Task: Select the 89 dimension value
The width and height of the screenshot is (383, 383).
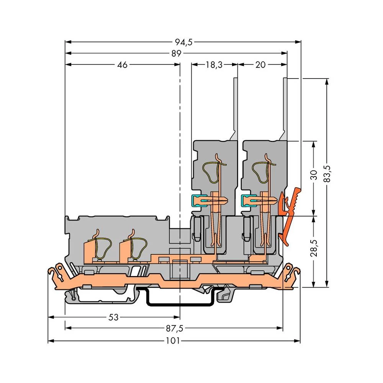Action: pos(176,54)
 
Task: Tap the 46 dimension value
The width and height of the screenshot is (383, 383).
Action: pos(122,65)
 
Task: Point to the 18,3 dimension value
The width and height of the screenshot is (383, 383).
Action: pos(214,65)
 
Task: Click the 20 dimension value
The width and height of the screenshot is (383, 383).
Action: pos(260,65)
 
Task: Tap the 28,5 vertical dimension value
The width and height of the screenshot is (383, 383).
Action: pos(314,249)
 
